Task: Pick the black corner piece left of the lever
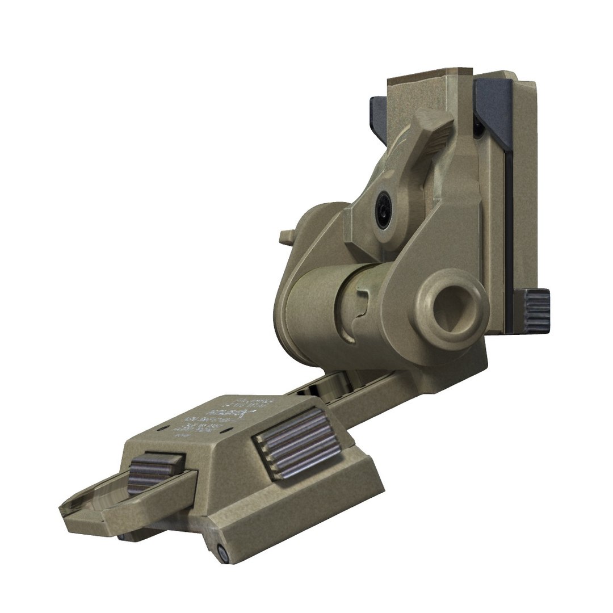point(377,112)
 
